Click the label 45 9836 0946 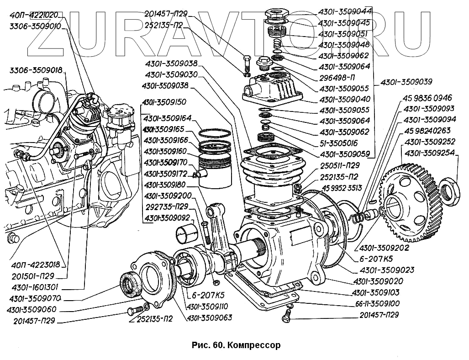pyautogui.click(x=427, y=98)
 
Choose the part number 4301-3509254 pyautogui.click(x=429, y=153)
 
